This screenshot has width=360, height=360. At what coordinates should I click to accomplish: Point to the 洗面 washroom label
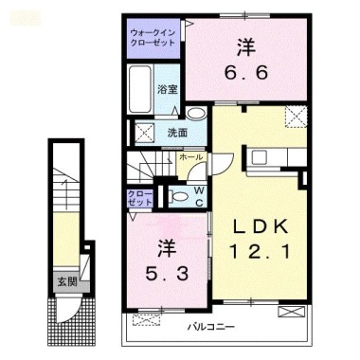(178, 133)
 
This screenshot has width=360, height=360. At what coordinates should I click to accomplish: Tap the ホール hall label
(189, 156)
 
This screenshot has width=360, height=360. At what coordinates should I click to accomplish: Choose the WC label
(201, 194)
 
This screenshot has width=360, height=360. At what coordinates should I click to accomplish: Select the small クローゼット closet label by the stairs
(138, 197)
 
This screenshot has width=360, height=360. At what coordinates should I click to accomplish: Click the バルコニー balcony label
(207, 327)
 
